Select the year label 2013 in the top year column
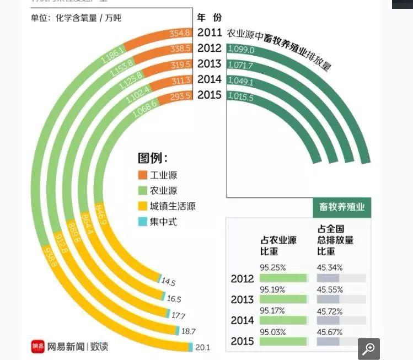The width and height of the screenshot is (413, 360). (x=210, y=63)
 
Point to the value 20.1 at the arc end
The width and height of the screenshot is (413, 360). (x=203, y=347)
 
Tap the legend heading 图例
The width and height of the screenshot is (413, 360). (x=153, y=159)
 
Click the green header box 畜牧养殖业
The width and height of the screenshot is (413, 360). (x=342, y=208)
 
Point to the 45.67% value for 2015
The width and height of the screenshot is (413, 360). (x=329, y=332)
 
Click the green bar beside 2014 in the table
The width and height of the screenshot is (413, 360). (x=283, y=320)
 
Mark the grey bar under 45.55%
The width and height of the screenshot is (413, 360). (x=341, y=299)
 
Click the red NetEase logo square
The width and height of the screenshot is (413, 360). (x=37, y=347)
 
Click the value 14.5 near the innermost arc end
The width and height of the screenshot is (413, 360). (x=168, y=283)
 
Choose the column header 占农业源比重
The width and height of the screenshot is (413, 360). (x=278, y=245)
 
